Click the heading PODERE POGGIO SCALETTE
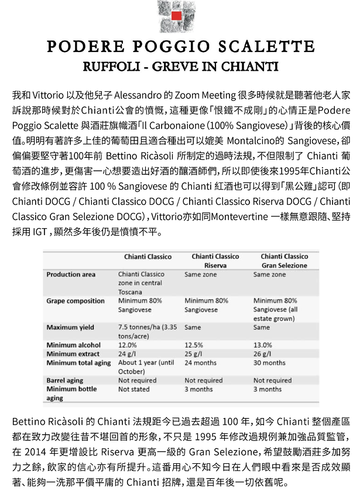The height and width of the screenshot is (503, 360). (180, 47)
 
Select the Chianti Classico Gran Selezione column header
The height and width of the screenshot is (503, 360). (284, 261)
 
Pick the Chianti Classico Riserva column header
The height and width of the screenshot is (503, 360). (215, 261)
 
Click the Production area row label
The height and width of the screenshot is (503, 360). (71, 274)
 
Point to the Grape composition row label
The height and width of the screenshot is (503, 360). (76, 301)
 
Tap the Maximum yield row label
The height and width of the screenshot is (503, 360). (70, 328)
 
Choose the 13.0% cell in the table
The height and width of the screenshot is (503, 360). (263, 345)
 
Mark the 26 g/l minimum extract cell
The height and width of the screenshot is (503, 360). (262, 354)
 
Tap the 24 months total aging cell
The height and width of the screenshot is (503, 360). (200, 363)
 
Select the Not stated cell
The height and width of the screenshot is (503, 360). (133, 389)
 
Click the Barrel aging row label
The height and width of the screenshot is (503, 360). (64, 380)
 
